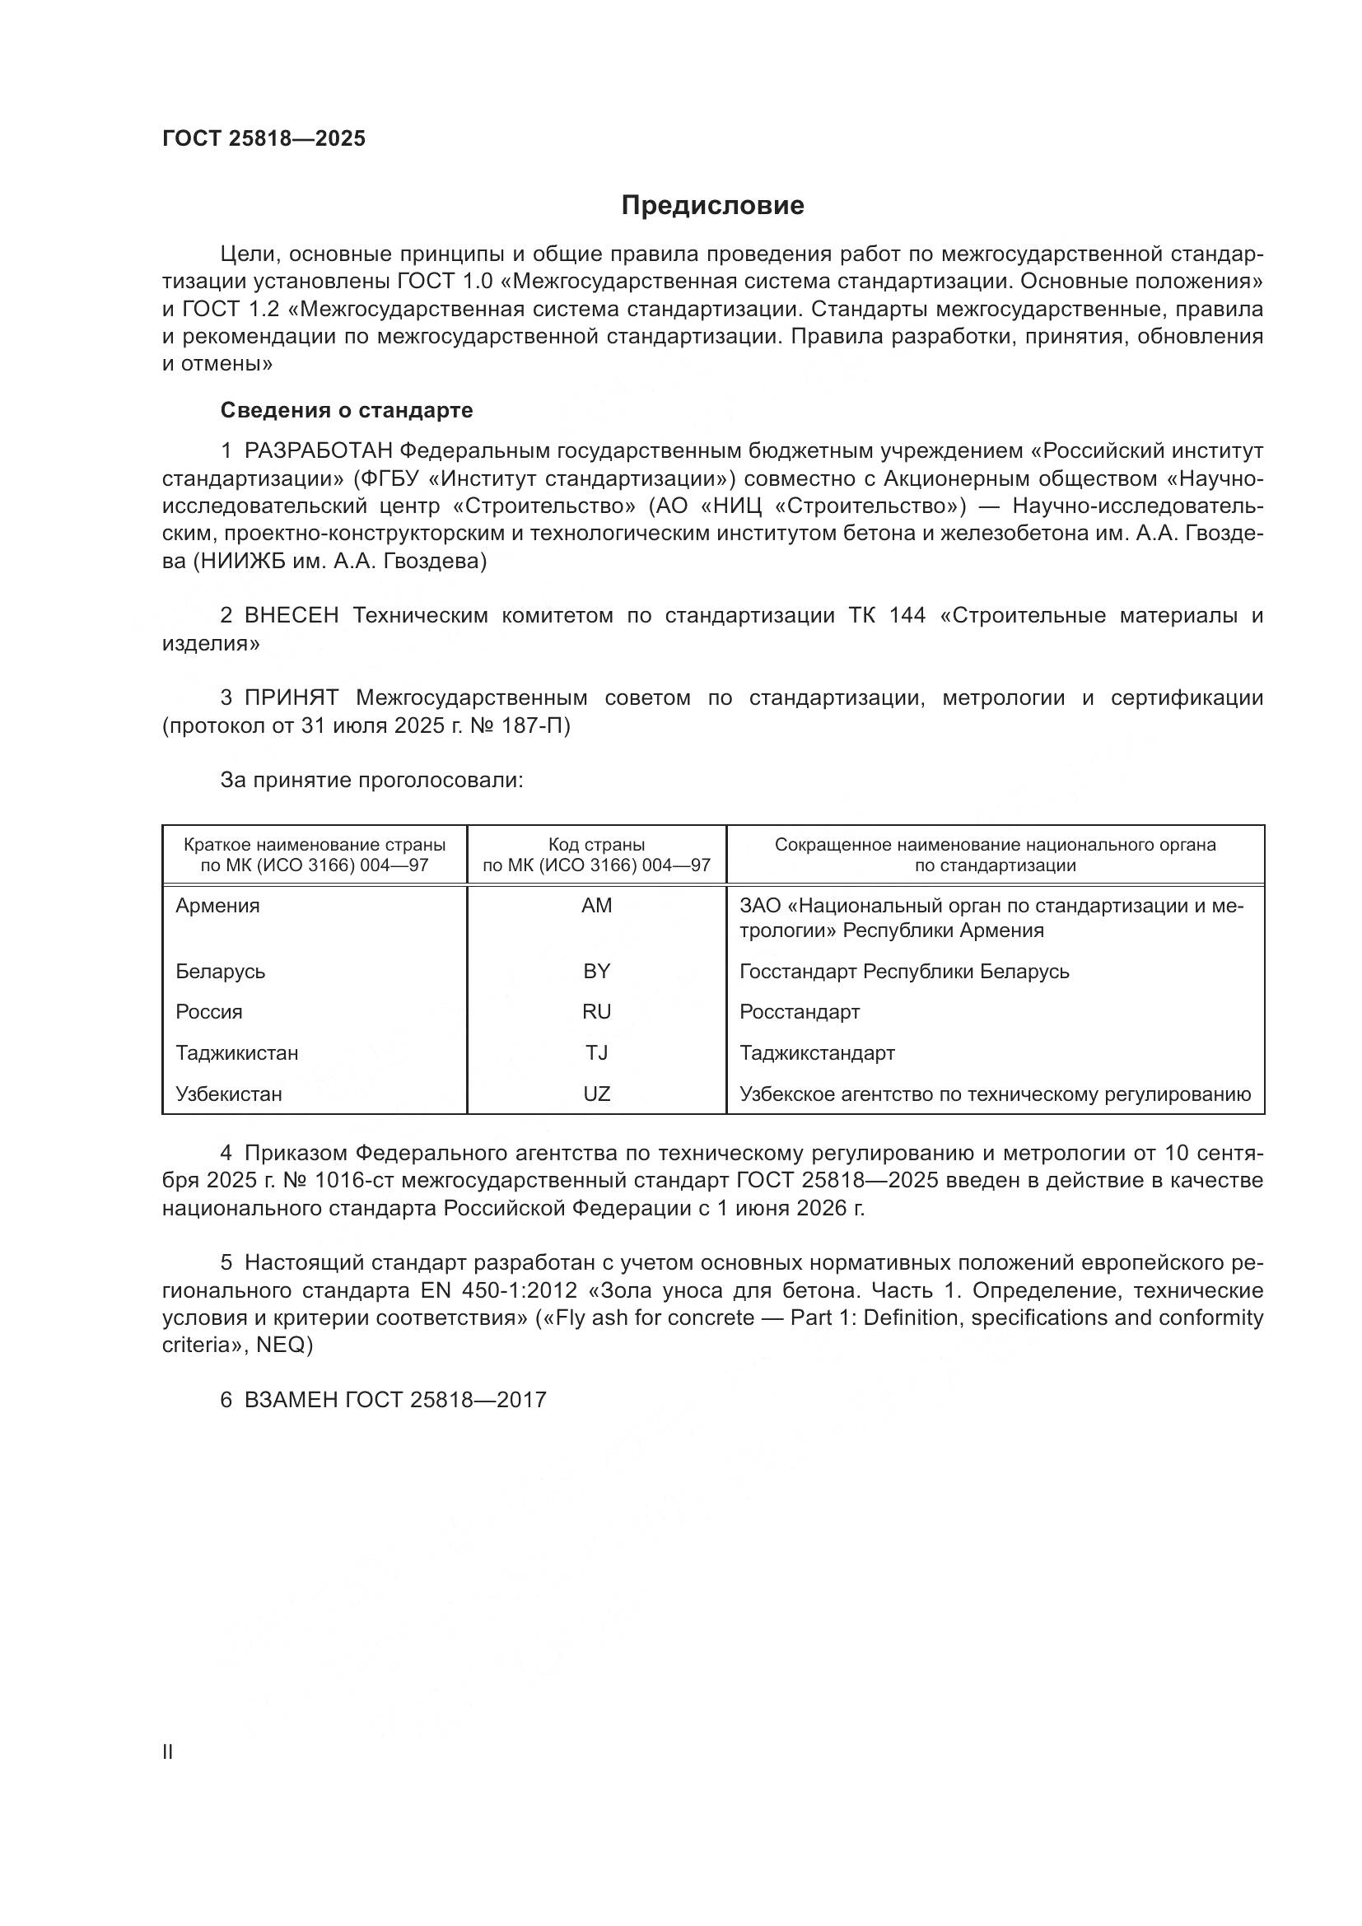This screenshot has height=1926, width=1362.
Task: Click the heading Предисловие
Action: (x=712, y=206)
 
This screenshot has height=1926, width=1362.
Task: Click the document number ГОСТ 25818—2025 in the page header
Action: (x=264, y=138)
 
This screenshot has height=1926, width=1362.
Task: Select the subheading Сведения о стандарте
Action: (x=347, y=410)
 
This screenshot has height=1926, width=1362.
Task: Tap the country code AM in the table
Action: (x=596, y=905)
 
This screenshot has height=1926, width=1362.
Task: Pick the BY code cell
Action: (x=596, y=971)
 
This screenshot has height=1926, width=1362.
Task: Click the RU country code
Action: (x=596, y=1012)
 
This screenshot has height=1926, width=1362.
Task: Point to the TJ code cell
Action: (x=596, y=1053)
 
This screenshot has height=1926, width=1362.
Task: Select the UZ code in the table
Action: (x=596, y=1094)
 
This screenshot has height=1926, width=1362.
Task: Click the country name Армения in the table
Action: (x=217, y=905)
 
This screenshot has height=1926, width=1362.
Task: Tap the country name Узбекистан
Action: (x=228, y=1094)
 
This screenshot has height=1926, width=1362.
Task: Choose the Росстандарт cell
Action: (x=800, y=1012)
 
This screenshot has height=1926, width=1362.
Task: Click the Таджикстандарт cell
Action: (x=817, y=1053)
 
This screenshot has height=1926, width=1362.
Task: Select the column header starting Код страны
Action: (x=596, y=854)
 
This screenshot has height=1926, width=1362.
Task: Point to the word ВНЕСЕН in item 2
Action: (x=291, y=616)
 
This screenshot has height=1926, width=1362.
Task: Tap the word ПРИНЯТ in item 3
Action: (x=291, y=698)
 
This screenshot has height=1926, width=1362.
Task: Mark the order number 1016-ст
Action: (x=354, y=1181)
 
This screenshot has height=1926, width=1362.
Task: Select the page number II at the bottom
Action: (x=168, y=1752)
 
